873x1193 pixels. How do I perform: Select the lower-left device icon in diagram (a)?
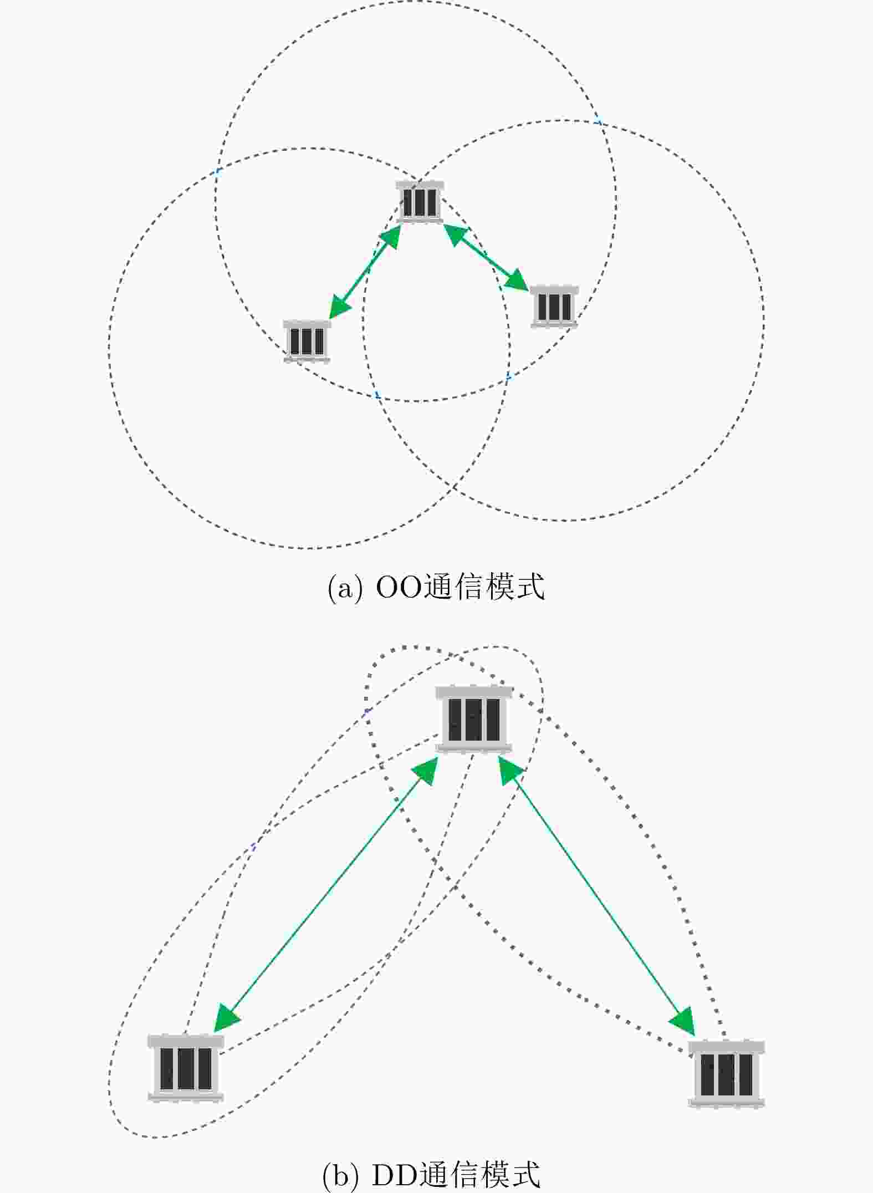coord(307,341)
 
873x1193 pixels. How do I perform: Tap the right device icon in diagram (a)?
coord(554,307)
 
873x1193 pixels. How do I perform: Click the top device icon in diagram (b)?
coord(474,720)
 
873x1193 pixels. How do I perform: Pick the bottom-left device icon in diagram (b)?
coord(186,1068)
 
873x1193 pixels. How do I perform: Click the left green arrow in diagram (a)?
coord(365,272)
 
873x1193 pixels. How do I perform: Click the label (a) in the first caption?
coord(345,588)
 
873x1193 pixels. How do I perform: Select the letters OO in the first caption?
coord(400,588)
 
